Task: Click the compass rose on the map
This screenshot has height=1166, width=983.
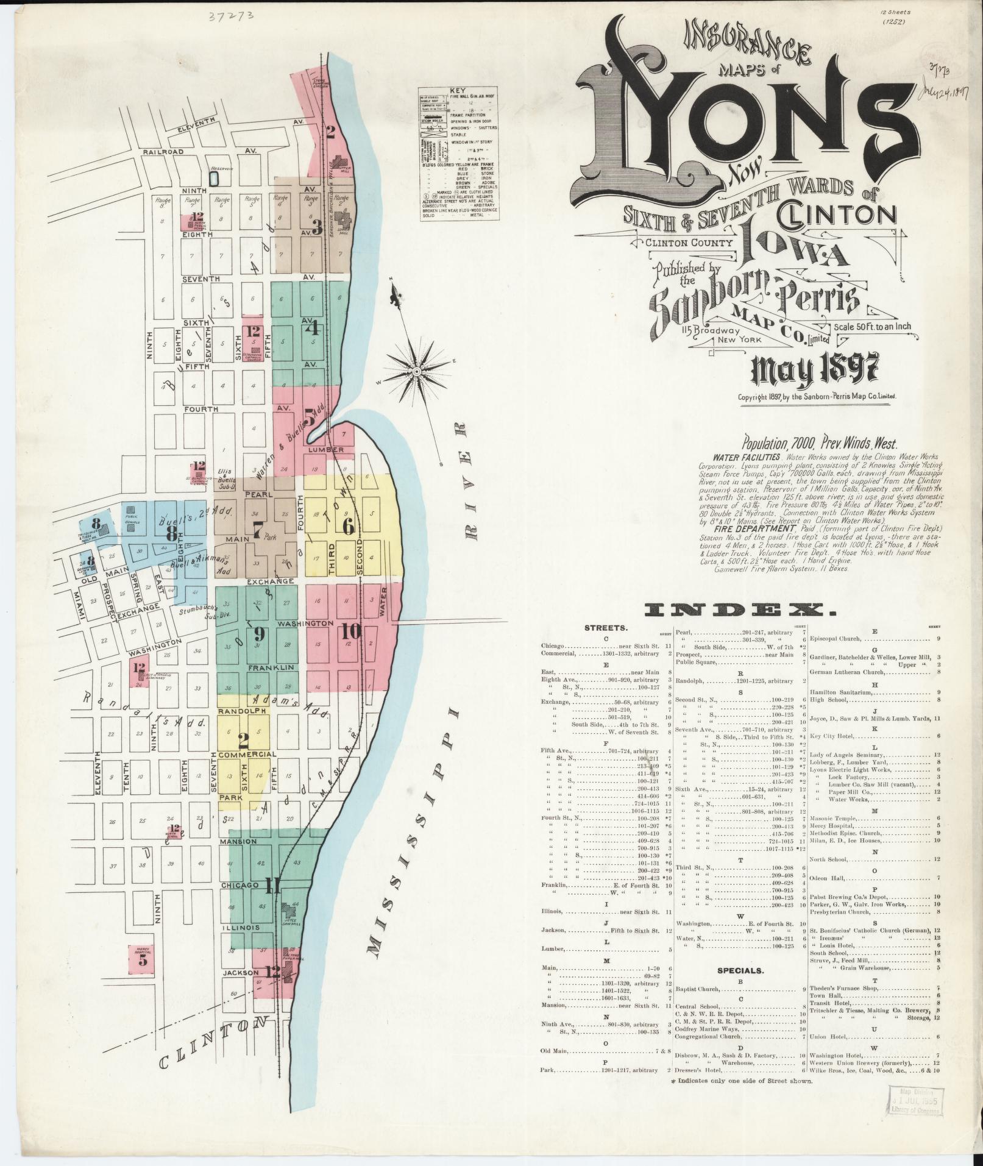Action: [417, 371]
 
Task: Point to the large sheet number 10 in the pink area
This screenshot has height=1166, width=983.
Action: [352, 630]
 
